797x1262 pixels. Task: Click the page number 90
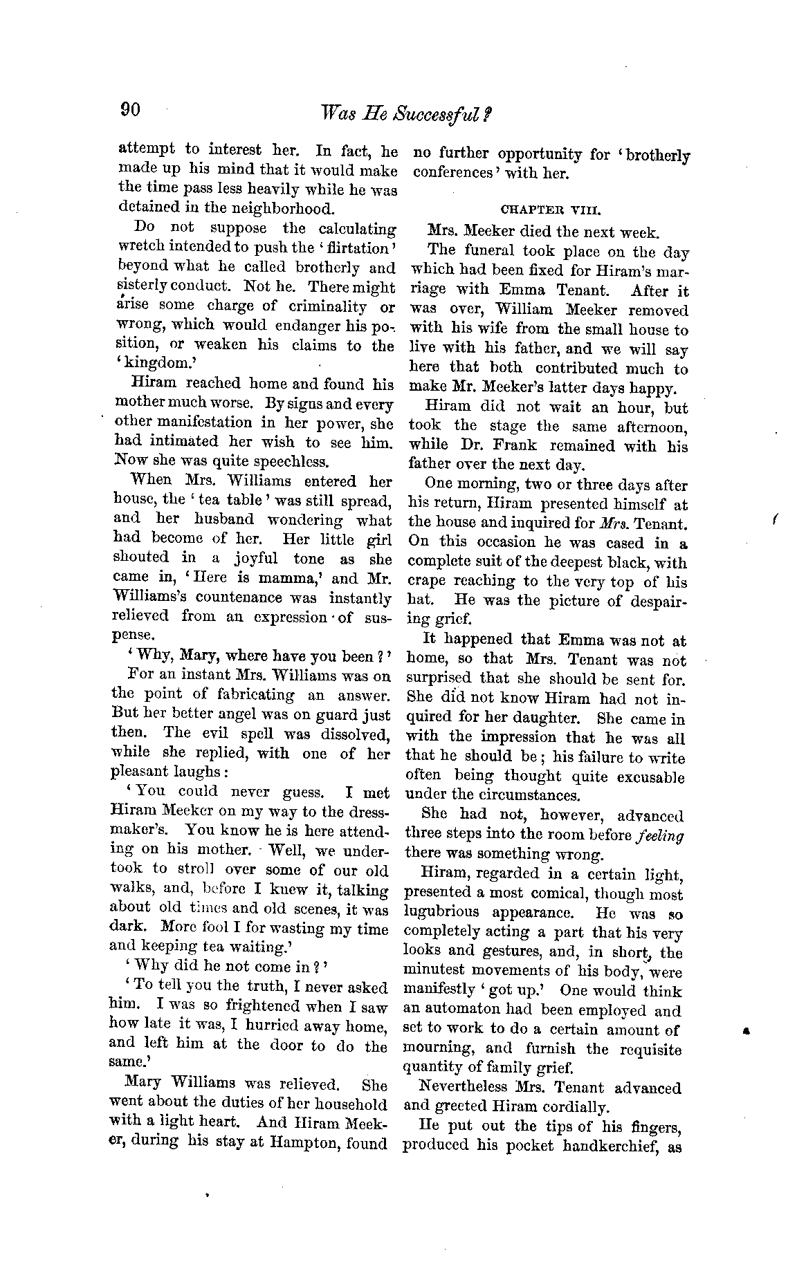[131, 110]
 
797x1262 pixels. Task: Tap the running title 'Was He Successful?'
[401, 113]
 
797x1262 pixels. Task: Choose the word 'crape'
[428, 582]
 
